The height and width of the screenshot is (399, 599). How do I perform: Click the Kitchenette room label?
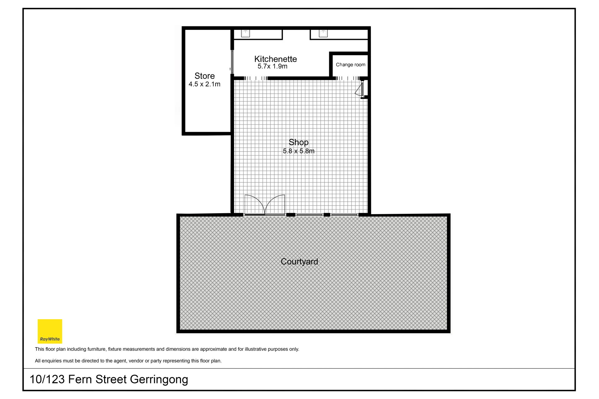(x=275, y=59)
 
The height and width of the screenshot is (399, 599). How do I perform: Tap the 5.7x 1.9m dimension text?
(x=272, y=66)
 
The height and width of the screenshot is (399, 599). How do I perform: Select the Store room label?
(x=205, y=76)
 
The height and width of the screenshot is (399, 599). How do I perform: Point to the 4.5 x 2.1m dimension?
(x=204, y=84)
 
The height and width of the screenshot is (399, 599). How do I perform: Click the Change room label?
(x=350, y=65)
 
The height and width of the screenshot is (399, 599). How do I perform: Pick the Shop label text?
(x=299, y=142)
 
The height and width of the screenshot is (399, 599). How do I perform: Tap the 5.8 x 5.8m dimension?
(x=299, y=151)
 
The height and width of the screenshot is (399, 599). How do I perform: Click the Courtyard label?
(x=299, y=262)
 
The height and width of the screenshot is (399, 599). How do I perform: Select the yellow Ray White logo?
(x=50, y=331)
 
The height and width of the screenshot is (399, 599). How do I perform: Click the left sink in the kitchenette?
(x=246, y=33)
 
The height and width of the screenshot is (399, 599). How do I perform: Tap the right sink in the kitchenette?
(x=323, y=33)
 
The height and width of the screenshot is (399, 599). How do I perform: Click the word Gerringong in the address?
(x=159, y=379)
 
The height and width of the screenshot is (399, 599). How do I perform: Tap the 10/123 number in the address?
(x=47, y=379)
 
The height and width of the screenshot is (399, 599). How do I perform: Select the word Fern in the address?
(x=80, y=379)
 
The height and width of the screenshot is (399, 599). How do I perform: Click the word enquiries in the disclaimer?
(x=51, y=361)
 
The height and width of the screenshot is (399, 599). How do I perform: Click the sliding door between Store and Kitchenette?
(x=232, y=62)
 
